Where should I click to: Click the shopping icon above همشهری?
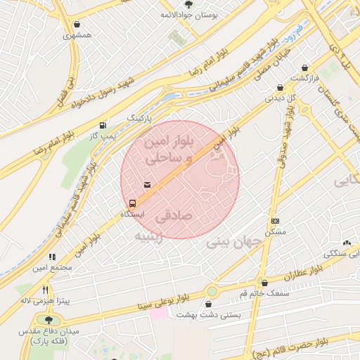71,25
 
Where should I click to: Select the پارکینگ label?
139,120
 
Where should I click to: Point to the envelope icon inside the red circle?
146,185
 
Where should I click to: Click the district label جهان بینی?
234,243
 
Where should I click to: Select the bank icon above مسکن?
275,221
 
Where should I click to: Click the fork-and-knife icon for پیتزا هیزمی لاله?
46,289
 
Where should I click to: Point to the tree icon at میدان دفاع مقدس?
48,320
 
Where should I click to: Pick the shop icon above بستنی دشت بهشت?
208,304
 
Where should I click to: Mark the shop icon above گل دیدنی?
281,88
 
